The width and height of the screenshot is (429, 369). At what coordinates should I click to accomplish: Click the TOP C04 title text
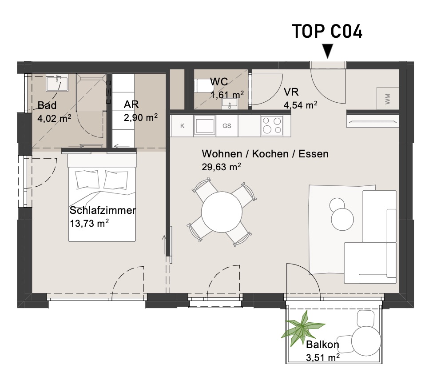click(x=327, y=31)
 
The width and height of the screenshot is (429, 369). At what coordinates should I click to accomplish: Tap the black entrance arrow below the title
click(x=327, y=51)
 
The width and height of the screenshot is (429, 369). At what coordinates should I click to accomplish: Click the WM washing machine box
click(x=388, y=99)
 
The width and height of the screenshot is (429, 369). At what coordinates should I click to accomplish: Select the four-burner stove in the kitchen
click(x=271, y=125)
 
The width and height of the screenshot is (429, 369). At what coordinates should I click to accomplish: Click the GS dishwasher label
click(x=227, y=126)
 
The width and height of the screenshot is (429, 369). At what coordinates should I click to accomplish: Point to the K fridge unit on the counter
click(x=182, y=126)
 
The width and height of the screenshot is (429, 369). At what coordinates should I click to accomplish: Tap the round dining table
click(x=222, y=212)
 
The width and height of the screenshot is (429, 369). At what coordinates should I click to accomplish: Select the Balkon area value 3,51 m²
click(x=323, y=357)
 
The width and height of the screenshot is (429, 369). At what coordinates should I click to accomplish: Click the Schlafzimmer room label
click(x=103, y=210)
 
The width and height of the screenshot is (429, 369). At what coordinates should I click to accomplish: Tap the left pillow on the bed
click(x=87, y=180)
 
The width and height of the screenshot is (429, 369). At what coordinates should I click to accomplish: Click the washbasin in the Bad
click(x=57, y=82)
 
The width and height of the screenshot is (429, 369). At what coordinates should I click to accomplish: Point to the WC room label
click(x=219, y=81)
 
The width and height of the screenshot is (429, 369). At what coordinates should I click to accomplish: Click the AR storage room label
click(x=131, y=104)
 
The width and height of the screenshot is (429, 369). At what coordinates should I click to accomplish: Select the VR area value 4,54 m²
click(x=300, y=105)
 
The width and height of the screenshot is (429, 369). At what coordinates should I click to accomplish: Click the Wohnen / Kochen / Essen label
click(x=265, y=154)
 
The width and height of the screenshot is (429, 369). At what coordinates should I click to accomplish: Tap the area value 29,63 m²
click(x=221, y=167)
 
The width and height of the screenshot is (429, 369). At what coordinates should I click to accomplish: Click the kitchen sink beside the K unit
click(x=204, y=125)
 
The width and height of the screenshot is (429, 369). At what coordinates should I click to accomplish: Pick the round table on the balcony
click(x=366, y=341)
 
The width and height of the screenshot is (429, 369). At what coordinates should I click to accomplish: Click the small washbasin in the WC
click(x=230, y=104)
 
